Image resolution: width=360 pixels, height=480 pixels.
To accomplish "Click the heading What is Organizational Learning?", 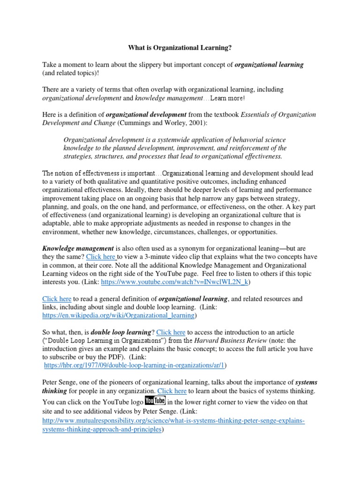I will click(x=180, y=48).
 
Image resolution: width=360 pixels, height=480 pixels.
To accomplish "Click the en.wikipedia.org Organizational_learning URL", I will click(x=115, y=315).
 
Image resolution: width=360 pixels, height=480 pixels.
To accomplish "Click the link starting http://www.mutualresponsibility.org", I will click(x=173, y=421).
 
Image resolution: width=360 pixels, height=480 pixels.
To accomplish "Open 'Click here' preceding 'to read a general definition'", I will click(x=57, y=299).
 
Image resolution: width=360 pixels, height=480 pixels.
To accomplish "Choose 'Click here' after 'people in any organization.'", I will click(x=172, y=390).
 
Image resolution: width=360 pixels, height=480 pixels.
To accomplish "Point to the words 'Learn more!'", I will click(x=227, y=98).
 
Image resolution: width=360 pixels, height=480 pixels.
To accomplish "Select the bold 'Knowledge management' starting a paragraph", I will click(x=78, y=248).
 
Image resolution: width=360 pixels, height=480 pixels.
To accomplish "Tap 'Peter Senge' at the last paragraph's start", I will click(x=60, y=382).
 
